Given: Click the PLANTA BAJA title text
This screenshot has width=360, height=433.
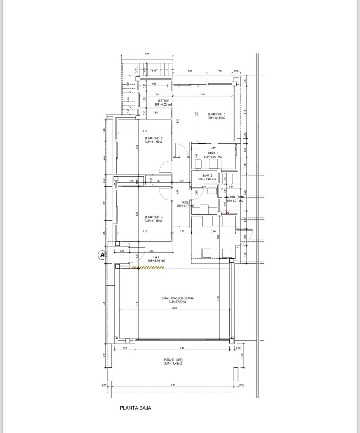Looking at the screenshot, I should coord(135,408).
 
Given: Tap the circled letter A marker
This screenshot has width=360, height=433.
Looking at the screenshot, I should coord(102,255).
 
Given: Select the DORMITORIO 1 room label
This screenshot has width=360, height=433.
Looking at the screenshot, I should coord(217,114).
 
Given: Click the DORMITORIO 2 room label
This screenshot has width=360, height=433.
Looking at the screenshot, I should coord(153,138).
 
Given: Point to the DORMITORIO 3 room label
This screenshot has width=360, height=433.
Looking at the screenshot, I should coord(153,217).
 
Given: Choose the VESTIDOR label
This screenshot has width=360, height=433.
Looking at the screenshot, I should coord(163,101).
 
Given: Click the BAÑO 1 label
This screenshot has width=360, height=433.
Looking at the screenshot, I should coord(213,153).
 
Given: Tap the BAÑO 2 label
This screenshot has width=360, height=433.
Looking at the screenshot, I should coord(207,176).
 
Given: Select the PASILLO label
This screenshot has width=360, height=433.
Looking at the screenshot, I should coord(185,202).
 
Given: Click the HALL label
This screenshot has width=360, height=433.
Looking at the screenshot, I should coord(156,257).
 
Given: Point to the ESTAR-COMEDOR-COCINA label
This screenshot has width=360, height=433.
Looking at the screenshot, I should coord(177,298).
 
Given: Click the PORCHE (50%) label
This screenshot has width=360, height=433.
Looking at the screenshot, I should coord(173,360).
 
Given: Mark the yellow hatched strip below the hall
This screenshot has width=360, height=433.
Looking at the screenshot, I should coord(148,267).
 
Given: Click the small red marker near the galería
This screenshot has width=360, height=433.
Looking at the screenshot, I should coord(227,214).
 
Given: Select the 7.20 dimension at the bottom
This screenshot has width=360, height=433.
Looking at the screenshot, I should coord(173,385).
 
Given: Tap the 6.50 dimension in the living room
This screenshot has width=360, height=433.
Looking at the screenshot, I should coord(174,308).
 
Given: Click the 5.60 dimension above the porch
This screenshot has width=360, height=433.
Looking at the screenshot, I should coord(182,348).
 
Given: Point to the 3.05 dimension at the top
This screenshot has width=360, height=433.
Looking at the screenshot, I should coord(147,54).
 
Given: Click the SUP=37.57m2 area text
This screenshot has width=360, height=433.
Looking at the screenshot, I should coord(177,302).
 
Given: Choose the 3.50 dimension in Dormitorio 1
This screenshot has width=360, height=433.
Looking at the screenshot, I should coord(202,95).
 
